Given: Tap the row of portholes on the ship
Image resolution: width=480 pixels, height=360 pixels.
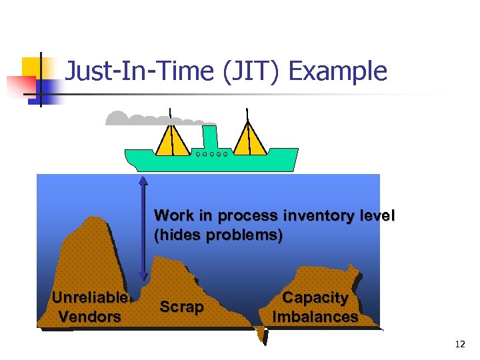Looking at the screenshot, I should point(212,154).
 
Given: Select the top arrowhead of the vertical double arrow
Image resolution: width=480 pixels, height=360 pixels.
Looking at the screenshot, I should point(143,180).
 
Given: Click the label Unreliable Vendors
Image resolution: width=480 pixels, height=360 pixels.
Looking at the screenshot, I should point(90,307).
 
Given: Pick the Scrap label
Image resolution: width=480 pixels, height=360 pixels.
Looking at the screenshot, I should point(181,307).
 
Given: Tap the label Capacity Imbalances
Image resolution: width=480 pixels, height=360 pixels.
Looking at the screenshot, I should point(315,307).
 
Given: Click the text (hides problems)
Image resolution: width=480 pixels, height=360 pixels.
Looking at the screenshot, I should point(218,235).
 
